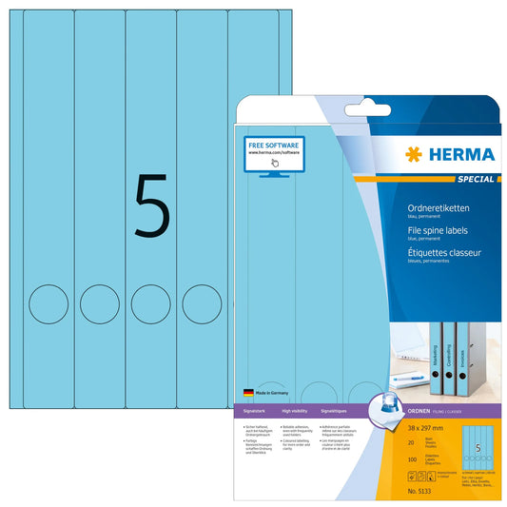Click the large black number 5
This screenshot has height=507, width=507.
pos(152,205)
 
